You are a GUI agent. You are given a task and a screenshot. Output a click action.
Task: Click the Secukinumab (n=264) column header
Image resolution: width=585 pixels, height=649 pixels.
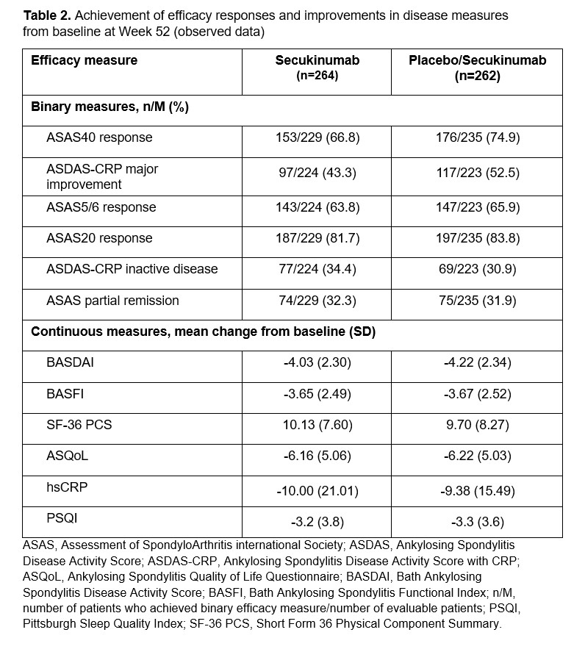(317, 68)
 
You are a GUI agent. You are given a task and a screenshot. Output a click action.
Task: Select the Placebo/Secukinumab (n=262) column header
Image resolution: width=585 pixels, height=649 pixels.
(477, 68)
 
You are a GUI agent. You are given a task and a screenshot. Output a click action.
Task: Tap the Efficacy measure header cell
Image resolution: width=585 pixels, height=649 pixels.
(84, 60)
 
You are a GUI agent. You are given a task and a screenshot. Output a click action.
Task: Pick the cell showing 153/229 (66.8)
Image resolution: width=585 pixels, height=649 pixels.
(317, 137)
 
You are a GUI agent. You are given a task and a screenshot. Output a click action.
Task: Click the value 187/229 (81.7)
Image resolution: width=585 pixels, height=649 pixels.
(317, 238)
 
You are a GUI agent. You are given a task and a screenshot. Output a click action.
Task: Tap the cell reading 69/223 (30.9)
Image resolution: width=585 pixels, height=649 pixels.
(477, 269)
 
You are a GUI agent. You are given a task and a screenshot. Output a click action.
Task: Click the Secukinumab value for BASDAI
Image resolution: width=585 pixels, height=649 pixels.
(317, 362)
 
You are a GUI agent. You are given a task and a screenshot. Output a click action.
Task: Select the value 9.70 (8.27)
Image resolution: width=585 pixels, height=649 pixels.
(477, 424)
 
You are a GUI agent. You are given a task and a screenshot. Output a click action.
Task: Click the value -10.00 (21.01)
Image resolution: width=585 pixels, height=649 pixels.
(317, 491)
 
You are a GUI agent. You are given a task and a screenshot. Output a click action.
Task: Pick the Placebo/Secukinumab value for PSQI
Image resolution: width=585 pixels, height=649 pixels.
(477, 523)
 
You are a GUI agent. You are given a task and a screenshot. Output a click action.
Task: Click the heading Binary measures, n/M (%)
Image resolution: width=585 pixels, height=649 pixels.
(110, 107)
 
